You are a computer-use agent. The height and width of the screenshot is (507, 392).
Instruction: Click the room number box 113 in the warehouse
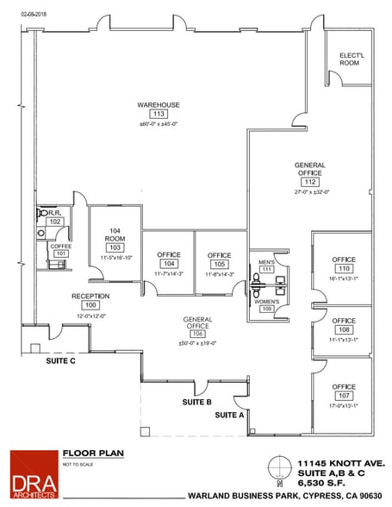(x=158, y=114)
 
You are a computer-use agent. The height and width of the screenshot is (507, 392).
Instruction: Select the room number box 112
(x=310, y=182)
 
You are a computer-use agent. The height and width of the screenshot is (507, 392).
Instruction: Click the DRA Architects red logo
(x=33, y=474)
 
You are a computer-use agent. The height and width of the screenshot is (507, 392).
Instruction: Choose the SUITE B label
(x=197, y=402)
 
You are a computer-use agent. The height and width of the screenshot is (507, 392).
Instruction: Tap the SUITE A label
(x=229, y=416)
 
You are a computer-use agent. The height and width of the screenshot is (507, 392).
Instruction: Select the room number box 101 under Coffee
(x=60, y=253)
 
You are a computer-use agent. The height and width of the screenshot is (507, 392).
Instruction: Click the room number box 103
(x=114, y=247)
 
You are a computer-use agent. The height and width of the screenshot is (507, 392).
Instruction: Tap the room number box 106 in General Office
(x=197, y=335)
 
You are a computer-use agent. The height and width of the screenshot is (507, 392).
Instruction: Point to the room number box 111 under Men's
(x=266, y=270)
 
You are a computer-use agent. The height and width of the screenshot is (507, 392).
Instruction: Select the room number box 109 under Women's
(x=266, y=308)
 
